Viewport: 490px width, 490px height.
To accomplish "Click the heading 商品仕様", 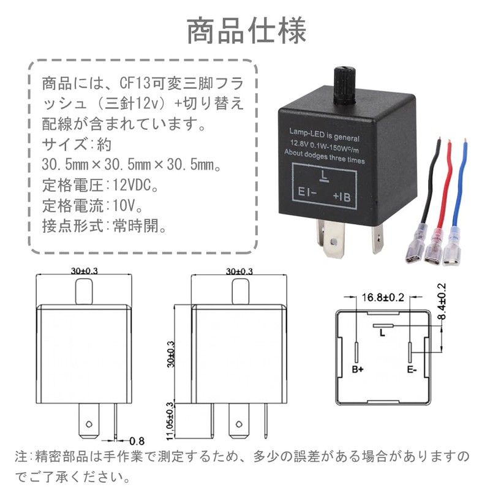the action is [245, 31].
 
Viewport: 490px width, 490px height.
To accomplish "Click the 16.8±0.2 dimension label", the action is [383, 298].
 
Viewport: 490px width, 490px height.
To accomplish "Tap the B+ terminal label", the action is [358, 370].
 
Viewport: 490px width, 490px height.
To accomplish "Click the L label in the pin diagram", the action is [382, 334].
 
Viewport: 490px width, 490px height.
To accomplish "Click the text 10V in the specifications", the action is [124, 205].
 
